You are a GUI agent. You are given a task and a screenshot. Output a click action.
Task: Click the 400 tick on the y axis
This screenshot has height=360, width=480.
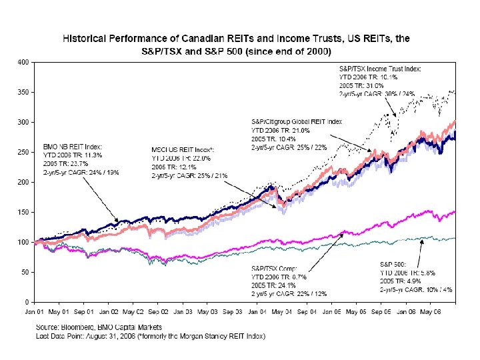(x=23, y=63)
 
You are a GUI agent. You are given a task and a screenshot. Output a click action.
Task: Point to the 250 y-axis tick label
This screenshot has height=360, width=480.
(x=23, y=153)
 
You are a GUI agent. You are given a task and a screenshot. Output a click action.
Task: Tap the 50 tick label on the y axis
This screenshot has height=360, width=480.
(x=25, y=272)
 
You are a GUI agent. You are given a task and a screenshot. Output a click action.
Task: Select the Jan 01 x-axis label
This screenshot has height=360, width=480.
(x=35, y=311)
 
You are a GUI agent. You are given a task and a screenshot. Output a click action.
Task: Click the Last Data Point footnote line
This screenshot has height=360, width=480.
(x=150, y=336)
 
